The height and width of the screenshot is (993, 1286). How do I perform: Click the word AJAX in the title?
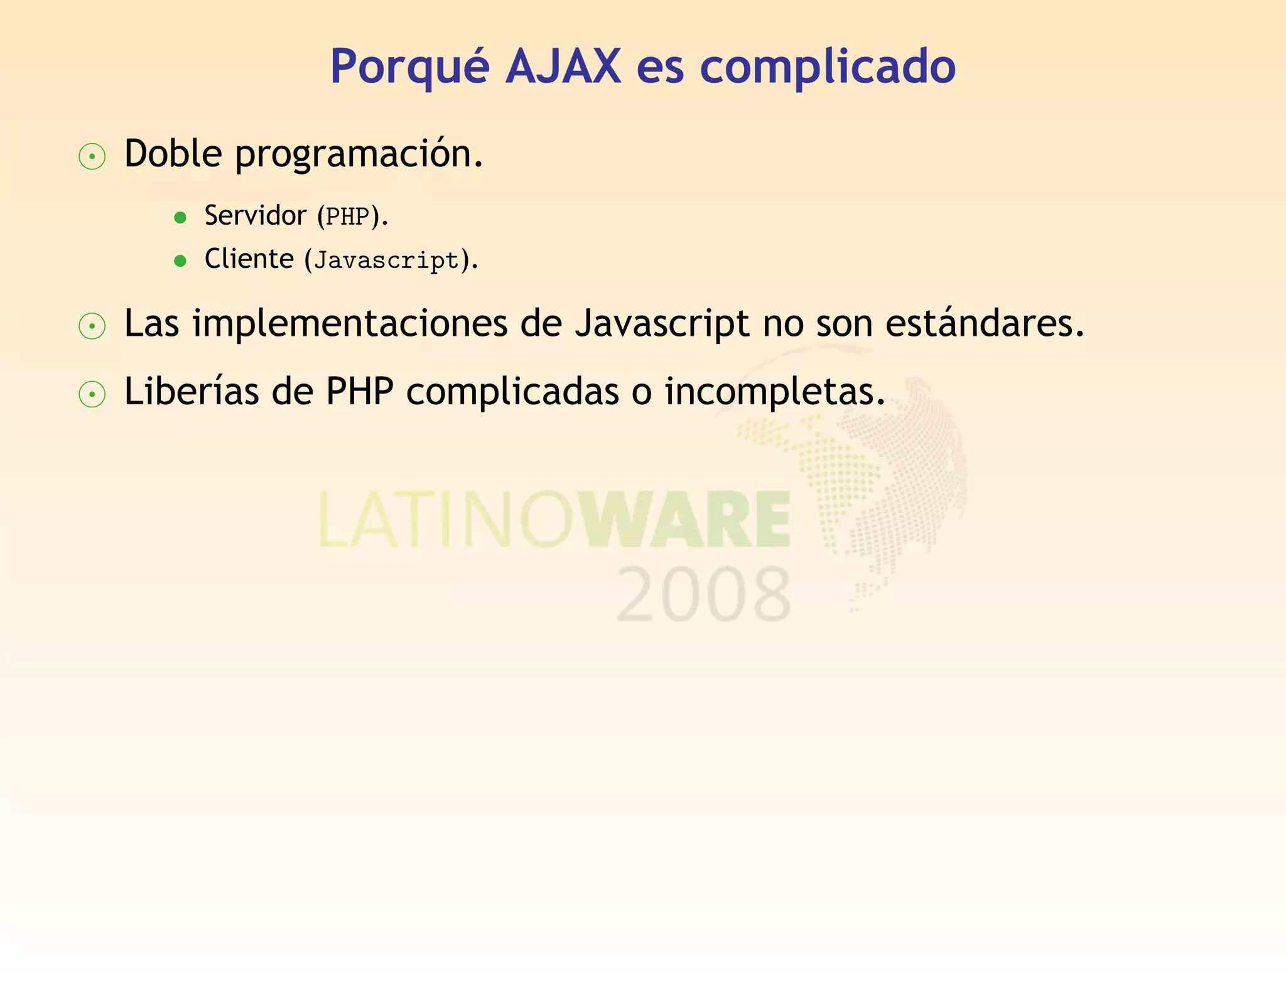point(563,66)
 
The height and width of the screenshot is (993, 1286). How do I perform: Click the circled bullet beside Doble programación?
point(92,156)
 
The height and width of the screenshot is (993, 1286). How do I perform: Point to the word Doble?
point(173,153)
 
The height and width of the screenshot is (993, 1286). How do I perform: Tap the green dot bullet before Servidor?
point(180,218)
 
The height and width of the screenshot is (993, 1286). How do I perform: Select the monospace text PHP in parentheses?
point(347,217)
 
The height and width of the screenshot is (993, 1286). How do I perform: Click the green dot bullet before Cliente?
point(180,261)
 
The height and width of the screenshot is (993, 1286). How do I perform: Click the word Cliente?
point(249,259)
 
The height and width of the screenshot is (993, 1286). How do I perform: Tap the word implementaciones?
point(350,324)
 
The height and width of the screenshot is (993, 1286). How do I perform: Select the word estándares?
point(984,323)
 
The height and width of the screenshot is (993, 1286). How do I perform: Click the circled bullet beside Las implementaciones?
point(92,326)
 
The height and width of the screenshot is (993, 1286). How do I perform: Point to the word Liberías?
point(192,392)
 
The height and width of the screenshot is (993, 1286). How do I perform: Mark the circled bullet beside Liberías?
point(92,394)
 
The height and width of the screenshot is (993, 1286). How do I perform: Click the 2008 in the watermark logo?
point(703,594)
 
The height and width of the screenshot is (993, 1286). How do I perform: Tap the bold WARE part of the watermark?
point(688,520)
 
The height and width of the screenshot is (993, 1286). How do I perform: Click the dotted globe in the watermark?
point(879,477)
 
